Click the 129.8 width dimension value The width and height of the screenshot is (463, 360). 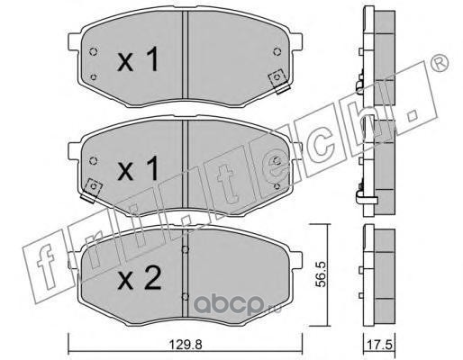point(186,345)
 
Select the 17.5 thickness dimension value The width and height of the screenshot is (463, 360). point(379,345)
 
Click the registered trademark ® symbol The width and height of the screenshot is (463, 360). point(440,63)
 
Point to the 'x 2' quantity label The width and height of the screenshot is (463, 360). point(139,278)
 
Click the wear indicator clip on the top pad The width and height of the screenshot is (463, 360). point(278,81)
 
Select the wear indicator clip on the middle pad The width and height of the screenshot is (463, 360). point(93,191)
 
